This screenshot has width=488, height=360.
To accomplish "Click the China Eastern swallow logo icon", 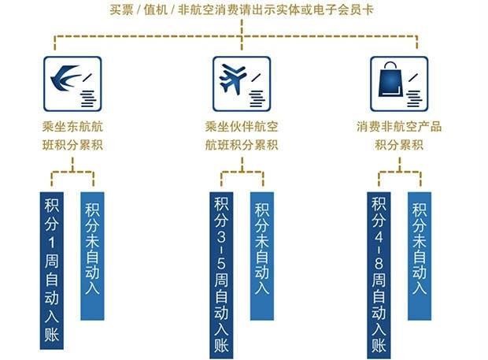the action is [x=65, y=77].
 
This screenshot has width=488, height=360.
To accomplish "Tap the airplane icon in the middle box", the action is [x=232, y=79].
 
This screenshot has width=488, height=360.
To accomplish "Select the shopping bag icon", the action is [x=390, y=80].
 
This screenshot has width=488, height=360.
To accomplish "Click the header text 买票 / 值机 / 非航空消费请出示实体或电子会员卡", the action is [x=242, y=10].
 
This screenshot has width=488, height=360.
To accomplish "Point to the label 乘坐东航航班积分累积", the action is [x=72, y=135].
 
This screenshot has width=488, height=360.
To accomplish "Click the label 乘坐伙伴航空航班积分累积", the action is [x=242, y=135].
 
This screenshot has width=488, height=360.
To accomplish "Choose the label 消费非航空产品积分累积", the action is [x=399, y=135].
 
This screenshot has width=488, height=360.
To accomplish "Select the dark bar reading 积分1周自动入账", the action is [x=52, y=271].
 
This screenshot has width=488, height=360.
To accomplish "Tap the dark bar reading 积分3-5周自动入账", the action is [x=221, y=275].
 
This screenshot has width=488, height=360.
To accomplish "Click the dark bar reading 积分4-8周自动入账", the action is [x=379, y=275].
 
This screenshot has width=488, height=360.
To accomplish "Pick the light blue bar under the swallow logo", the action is [x=92, y=256].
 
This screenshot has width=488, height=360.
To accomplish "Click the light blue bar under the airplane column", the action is [x=262, y=256].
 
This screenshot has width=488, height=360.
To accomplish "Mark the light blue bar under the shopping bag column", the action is [x=420, y=256].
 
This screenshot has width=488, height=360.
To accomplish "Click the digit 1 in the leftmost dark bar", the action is [x=52, y=243].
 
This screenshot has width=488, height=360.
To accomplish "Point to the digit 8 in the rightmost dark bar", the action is [x=379, y=264].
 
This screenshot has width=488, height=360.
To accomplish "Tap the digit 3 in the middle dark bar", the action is [x=221, y=237].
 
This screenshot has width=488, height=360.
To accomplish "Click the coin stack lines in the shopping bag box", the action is [x=415, y=98].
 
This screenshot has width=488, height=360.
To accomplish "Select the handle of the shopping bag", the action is [x=390, y=65].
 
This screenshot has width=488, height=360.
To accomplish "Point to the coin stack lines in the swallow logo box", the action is [x=88, y=98].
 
